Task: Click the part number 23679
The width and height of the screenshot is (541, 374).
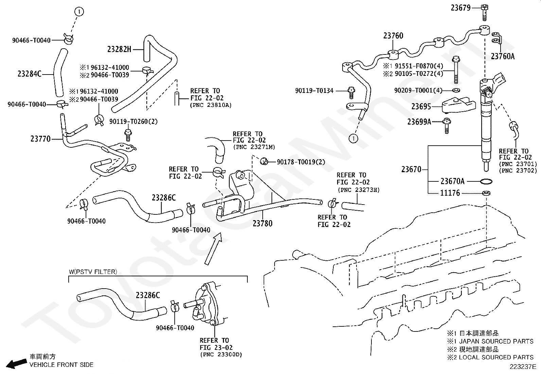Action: pos(460,7)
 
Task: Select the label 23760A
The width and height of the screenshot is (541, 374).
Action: pos(503,56)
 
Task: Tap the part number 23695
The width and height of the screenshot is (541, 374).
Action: pos(421,107)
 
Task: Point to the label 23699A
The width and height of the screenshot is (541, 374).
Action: pos(419,121)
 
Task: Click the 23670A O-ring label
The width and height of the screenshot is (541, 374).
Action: pos(452,181)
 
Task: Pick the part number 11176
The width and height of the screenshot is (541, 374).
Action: pos(450,193)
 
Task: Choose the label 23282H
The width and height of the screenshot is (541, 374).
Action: pos(119,49)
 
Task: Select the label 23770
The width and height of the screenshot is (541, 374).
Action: pos(40,139)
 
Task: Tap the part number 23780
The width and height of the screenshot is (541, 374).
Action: pos(262,224)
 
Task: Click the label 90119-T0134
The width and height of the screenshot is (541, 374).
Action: pos(314,91)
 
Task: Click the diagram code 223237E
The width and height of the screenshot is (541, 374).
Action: pos(522,367)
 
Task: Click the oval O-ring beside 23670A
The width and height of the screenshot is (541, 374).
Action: pos(486,181)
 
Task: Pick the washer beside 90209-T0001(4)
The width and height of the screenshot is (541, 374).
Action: pos(456,91)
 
